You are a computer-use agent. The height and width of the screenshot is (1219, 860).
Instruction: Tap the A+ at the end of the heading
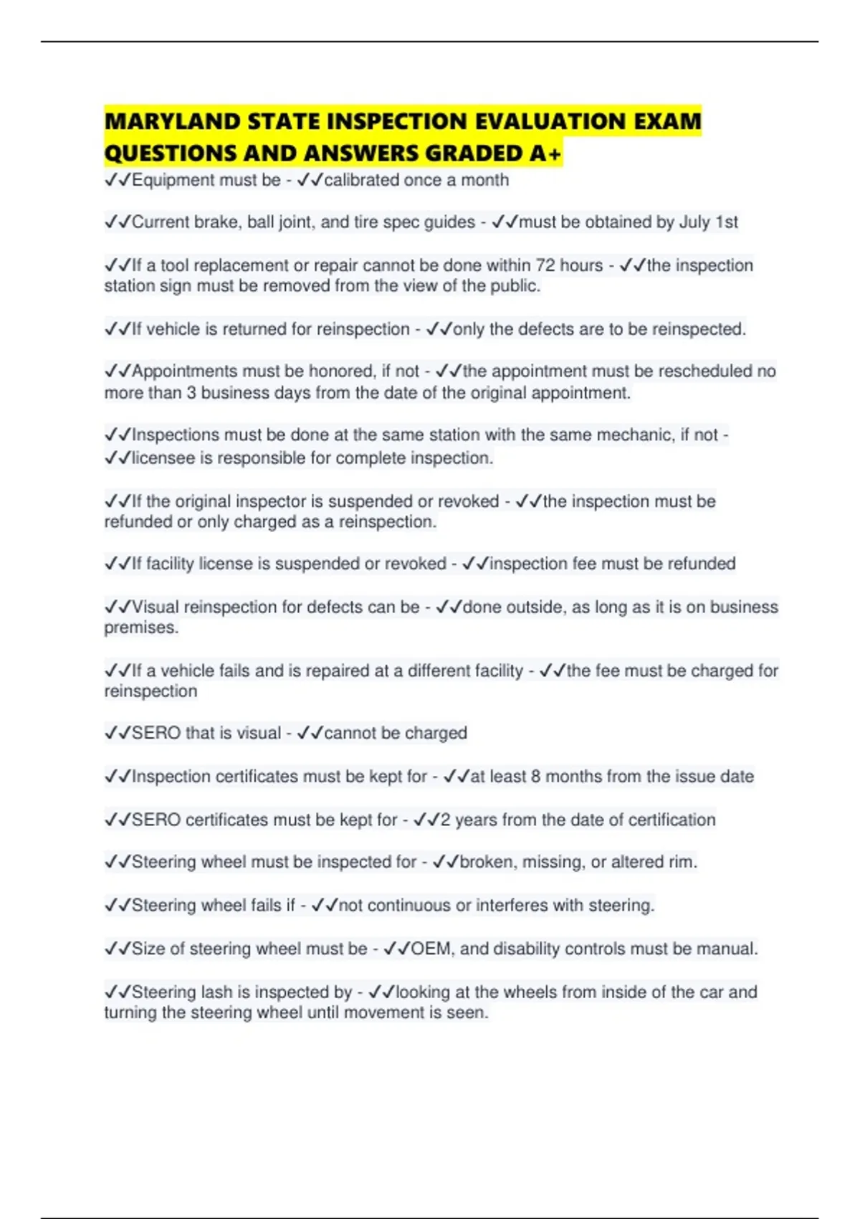click(x=550, y=153)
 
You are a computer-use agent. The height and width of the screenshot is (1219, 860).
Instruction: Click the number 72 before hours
click(x=545, y=265)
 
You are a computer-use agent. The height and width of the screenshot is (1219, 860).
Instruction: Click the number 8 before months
click(x=536, y=777)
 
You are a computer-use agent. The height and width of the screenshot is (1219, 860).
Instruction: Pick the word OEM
click(x=431, y=949)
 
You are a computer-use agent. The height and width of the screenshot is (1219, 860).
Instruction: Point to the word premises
click(x=140, y=627)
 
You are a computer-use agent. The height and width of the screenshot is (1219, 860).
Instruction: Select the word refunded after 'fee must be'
click(x=701, y=564)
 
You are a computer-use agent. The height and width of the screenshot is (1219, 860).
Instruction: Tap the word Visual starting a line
click(x=156, y=607)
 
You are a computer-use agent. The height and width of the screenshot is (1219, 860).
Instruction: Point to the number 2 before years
click(x=445, y=820)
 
